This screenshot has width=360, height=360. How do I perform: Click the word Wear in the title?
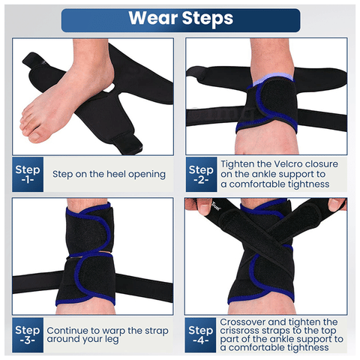[154, 18]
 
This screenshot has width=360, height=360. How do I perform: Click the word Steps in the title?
[208, 19]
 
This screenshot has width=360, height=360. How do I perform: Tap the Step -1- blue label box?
[28, 174]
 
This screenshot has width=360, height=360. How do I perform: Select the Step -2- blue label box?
[201, 174]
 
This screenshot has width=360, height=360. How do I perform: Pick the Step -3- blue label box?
[28, 335]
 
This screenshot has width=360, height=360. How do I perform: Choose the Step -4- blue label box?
[200, 335]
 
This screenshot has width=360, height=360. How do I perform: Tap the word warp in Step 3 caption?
[113, 331]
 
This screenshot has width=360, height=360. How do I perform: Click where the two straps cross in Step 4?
[267, 241]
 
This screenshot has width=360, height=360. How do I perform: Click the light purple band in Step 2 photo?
[272, 78]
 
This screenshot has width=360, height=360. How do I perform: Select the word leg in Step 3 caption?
[112, 340]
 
